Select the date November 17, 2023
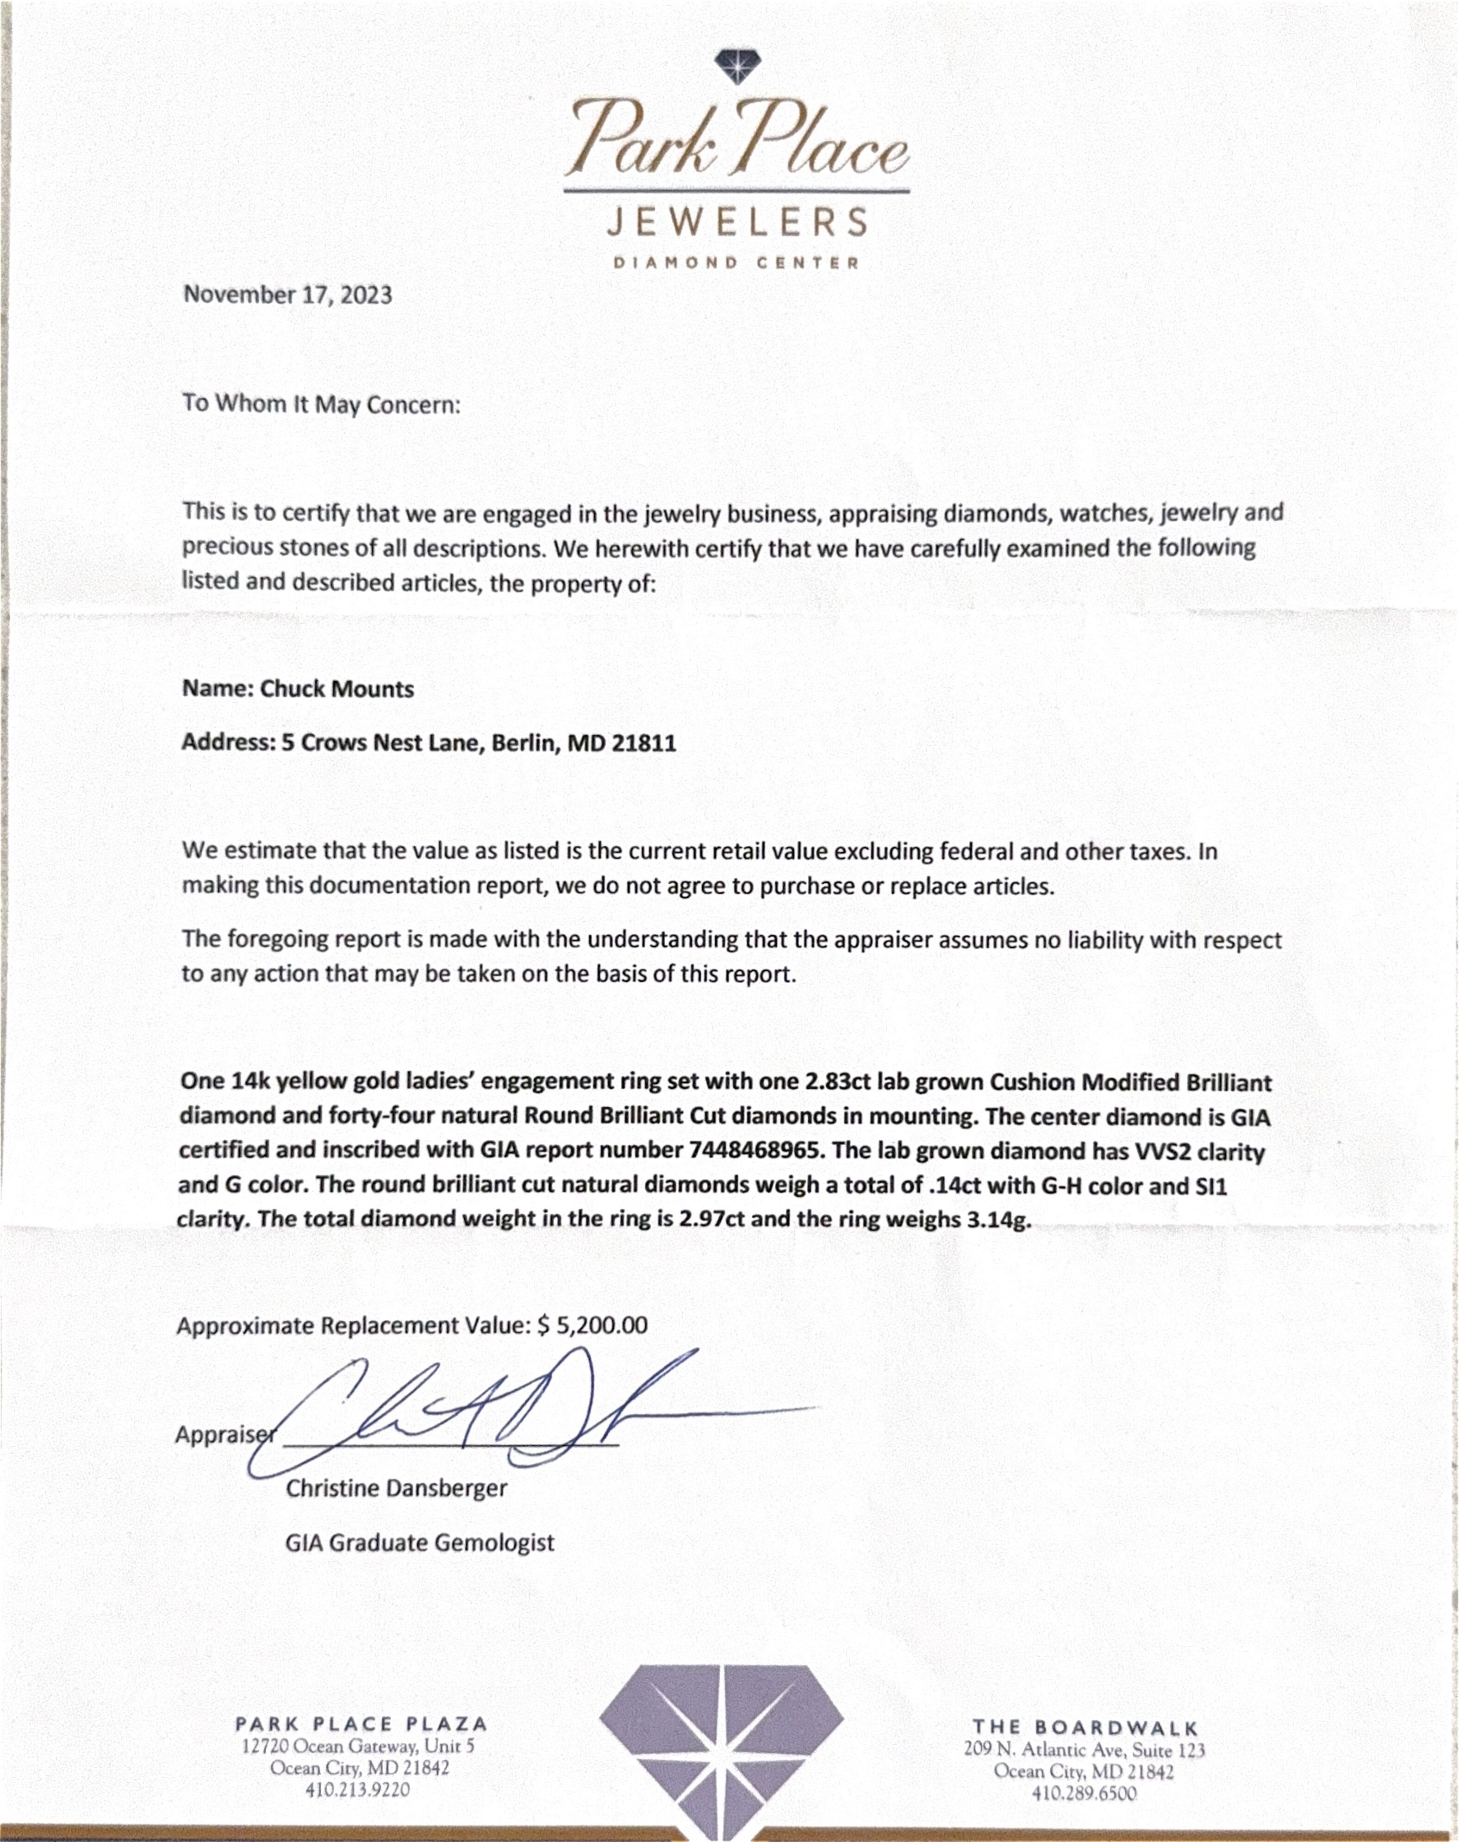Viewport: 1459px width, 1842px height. tap(288, 295)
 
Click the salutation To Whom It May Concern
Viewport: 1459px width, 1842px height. tap(321, 404)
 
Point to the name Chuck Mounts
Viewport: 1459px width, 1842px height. tap(337, 689)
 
